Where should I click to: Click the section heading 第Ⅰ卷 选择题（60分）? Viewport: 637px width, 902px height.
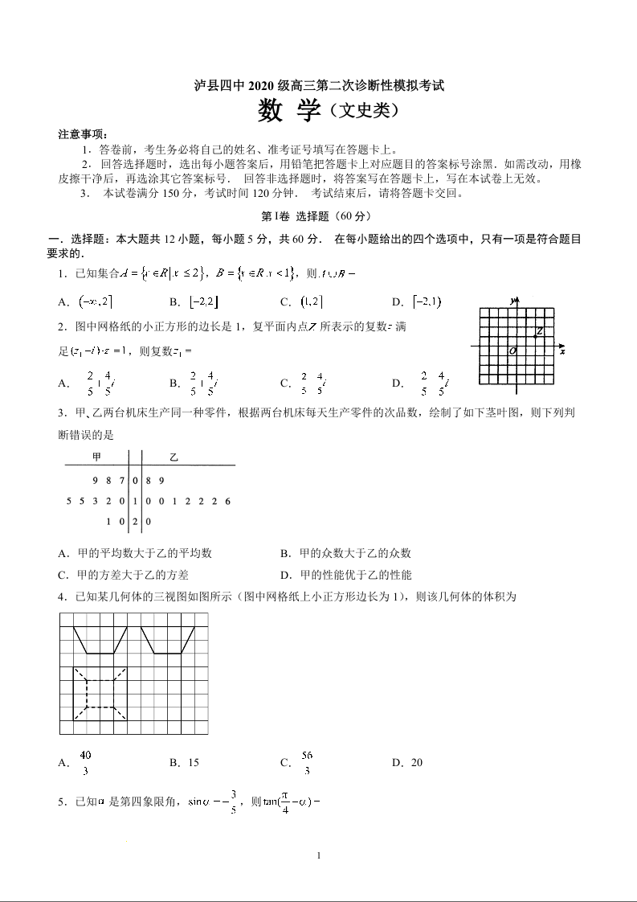point(317,216)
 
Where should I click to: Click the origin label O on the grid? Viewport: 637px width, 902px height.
point(512,351)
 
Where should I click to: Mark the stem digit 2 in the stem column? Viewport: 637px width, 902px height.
point(136,521)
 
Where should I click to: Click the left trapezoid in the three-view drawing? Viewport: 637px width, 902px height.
point(100,640)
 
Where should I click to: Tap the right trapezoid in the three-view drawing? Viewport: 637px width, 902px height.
point(168,640)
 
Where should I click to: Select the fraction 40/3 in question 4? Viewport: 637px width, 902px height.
point(86,762)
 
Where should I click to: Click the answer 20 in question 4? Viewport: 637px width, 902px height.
point(416,762)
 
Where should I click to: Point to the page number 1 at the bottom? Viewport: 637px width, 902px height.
point(319,855)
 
